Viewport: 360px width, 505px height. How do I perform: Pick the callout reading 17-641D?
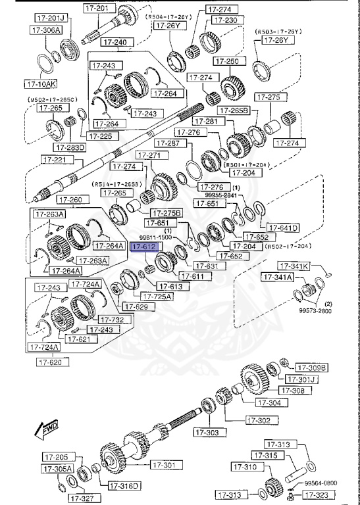click(283, 228)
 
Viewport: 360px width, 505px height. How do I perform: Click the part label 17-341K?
click(294, 266)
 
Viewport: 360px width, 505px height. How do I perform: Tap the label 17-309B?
click(311, 367)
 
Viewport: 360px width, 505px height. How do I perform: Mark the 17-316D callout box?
click(124, 486)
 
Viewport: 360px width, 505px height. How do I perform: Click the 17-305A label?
click(57, 469)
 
